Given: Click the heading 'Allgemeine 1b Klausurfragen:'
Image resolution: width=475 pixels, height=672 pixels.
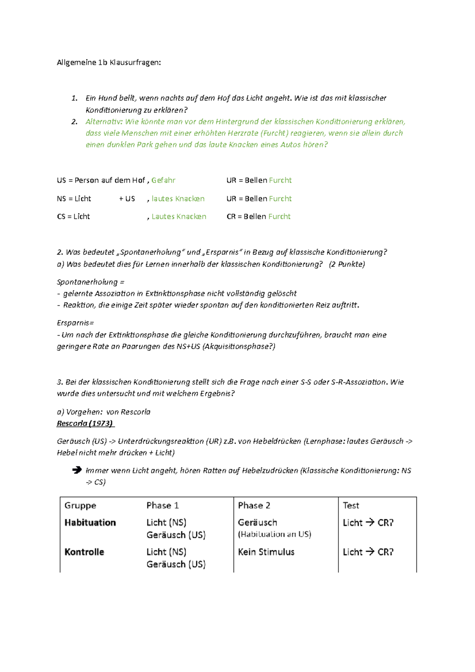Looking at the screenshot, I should click(109, 63).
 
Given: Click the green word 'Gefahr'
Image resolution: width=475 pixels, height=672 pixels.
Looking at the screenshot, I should click(163, 180).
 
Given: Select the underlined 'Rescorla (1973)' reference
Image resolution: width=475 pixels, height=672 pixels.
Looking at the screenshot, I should click(85, 423).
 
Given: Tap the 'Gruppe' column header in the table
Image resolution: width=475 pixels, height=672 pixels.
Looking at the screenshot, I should click(80, 505).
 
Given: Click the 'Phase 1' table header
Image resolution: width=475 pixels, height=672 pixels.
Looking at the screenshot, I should click(162, 505).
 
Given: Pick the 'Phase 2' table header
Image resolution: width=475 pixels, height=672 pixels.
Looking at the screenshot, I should click(254, 505).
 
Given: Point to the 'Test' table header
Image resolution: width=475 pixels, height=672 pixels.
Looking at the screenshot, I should click(351, 505).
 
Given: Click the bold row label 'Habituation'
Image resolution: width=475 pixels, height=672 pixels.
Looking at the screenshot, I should click(90, 522).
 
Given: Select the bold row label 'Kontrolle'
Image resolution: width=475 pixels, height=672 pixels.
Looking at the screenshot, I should click(84, 552).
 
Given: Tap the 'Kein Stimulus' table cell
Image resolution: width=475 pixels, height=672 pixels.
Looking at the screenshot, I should click(266, 552).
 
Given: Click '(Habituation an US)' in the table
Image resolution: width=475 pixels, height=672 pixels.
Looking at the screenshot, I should click(274, 534).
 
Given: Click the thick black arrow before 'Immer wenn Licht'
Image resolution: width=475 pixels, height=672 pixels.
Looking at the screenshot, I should click(77, 470).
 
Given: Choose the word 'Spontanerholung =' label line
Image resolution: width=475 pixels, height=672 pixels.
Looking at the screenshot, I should click(91, 282).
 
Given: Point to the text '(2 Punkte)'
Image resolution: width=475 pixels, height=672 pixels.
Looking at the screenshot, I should click(347, 264).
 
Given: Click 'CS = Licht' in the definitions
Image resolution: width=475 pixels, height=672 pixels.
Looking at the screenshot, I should click(74, 216).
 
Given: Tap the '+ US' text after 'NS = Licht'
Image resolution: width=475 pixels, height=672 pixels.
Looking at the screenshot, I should click(127, 199).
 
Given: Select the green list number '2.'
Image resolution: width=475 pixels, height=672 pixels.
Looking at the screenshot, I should click(74, 122).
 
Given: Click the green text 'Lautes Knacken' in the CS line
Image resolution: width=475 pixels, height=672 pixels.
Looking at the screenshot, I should click(179, 216).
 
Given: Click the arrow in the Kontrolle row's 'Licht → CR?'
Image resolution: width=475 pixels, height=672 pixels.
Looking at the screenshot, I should click(370, 551).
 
